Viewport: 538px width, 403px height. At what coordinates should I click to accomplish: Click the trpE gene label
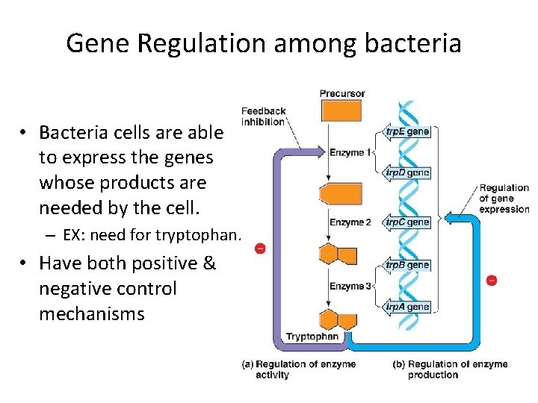click(x=407, y=131)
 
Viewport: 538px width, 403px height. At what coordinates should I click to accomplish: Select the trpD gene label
click(x=407, y=172)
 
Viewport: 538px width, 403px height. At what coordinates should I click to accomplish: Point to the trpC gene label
click(x=407, y=222)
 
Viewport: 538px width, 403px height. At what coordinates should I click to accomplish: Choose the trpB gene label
click(x=407, y=265)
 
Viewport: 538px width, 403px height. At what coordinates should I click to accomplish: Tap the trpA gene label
click(x=407, y=306)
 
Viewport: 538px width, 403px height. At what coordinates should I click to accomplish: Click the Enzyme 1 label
click(x=350, y=153)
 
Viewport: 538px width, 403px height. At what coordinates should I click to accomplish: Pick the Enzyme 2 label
click(x=350, y=222)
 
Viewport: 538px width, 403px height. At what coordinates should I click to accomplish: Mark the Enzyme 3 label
click(x=350, y=287)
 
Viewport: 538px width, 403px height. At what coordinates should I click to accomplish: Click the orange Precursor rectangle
click(x=341, y=110)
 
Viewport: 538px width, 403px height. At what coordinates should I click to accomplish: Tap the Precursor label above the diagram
click(x=342, y=93)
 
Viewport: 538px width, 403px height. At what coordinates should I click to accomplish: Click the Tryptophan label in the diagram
click(x=312, y=337)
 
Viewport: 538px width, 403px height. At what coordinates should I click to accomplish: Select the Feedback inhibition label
click(x=263, y=116)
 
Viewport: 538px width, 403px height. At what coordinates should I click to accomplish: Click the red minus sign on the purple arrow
click(x=259, y=248)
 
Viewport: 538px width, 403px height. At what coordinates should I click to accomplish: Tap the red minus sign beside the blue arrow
click(x=491, y=281)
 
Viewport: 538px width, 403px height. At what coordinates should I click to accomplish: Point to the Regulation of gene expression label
click(x=504, y=199)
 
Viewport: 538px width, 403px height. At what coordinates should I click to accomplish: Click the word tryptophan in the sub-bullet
click(x=198, y=236)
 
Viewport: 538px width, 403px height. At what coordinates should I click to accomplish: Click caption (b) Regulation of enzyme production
click(x=450, y=369)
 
